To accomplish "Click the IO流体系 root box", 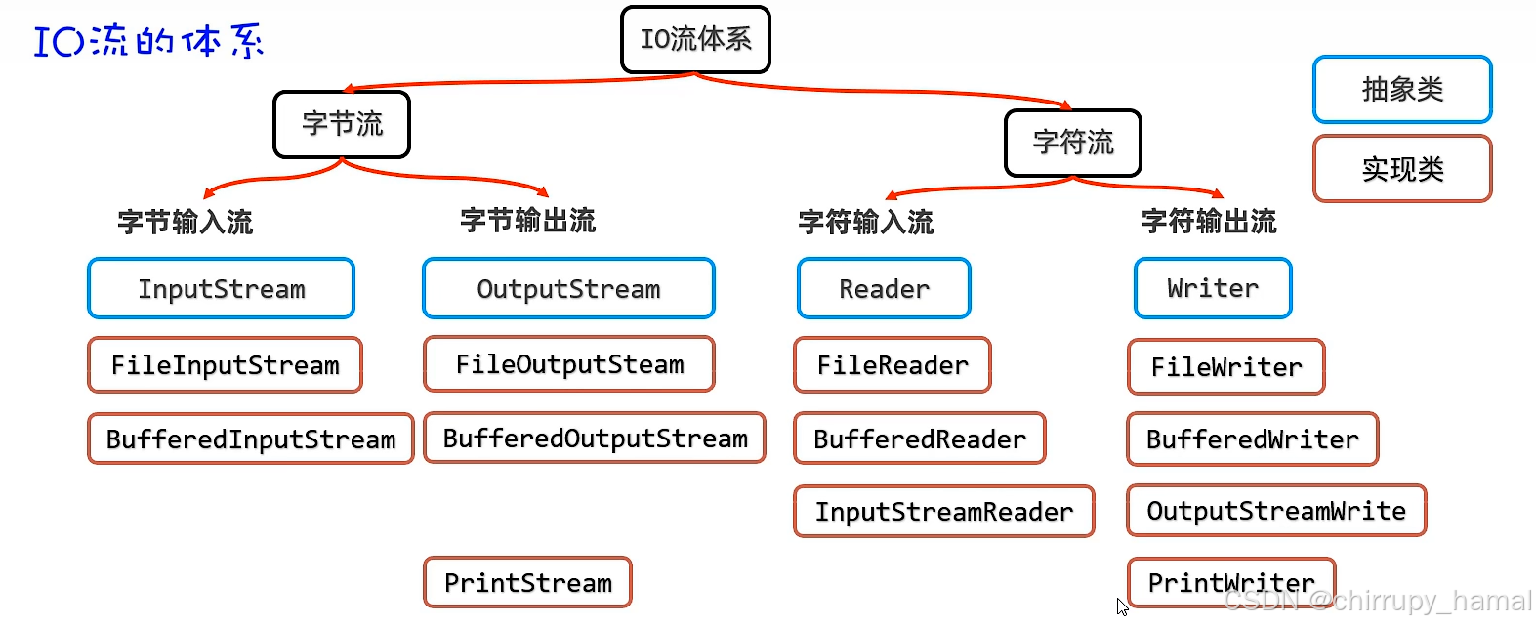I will [x=695, y=39].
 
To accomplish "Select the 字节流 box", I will [x=342, y=124].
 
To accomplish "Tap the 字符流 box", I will [x=1073, y=143].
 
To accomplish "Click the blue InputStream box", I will [x=221, y=289].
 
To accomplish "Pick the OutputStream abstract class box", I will [x=568, y=289].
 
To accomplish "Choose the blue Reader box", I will [x=884, y=289].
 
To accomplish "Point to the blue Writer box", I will [x=1213, y=288].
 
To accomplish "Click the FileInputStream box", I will [x=225, y=365].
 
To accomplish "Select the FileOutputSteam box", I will [x=569, y=364].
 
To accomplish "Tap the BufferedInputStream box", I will [x=251, y=439].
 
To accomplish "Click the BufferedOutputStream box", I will [x=595, y=439].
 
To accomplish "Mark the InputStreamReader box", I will [x=943, y=512].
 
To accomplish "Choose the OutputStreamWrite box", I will [x=1276, y=511].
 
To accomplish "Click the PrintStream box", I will [x=527, y=583].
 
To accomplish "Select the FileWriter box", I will [x=1226, y=367].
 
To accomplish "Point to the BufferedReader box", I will [x=919, y=439].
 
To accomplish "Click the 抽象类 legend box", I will [x=1402, y=90].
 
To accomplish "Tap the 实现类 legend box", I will [x=1402, y=169].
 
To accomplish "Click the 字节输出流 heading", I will [x=527, y=221].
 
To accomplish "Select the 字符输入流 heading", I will [x=866, y=223].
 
